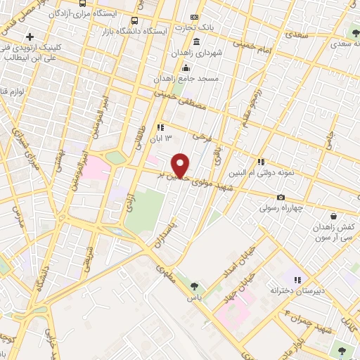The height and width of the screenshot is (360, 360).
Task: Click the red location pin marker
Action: (181, 165)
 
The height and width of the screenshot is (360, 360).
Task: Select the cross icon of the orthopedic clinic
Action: (29, 36)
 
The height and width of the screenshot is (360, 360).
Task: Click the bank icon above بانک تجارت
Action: (195, 16)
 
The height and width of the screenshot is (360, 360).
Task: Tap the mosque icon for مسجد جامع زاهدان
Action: (186, 67)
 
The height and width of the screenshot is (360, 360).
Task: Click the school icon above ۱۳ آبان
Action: (161, 128)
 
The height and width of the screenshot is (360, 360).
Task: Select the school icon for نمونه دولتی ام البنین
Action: (261, 162)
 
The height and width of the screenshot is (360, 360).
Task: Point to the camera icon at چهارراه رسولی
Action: (281, 197)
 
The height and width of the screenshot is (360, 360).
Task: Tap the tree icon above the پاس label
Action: (195, 286)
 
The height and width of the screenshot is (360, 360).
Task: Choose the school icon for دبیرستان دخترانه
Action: (297, 279)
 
